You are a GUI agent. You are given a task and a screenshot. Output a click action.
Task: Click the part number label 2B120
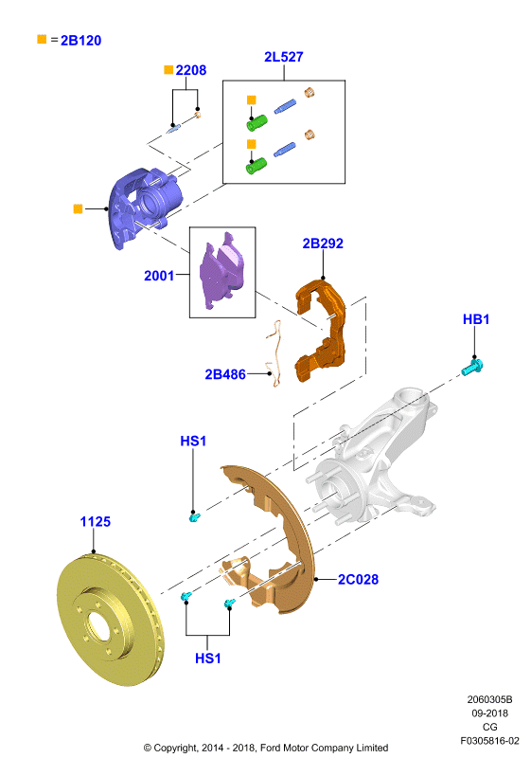click(x=80, y=40)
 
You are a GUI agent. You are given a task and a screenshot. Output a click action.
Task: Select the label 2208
click(x=190, y=70)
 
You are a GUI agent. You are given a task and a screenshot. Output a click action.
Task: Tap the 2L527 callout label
click(x=284, y=57)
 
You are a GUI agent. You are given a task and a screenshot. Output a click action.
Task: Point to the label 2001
click(x=159, y=276)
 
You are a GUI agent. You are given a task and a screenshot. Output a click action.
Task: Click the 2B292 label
click(x=323, y=244)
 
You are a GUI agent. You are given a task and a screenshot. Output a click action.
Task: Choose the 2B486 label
click(x=225, y=374)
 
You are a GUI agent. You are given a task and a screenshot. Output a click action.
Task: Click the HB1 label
click(x=476, y=319)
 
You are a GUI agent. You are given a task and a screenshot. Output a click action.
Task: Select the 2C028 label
click(x=358, y=579)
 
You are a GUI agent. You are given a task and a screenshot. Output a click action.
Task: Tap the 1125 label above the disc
click(x=95, y=522)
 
